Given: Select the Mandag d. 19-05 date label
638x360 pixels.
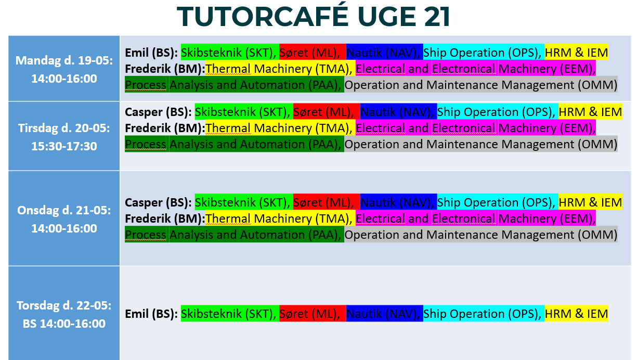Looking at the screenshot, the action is pyautogui.click(x=64, y=60).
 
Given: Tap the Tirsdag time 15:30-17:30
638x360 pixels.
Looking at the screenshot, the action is pyautogui.click(x=64, y=146).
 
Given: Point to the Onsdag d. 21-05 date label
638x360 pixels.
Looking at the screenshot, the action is pyautogui.click(x=64, y=210).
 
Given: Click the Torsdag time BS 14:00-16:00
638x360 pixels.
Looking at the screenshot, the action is pyautogui.click(x=64, y=324).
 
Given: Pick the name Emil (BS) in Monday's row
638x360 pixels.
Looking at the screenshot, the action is pyautogui.click(x=151, y=53).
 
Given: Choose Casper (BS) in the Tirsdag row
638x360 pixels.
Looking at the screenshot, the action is pyautogui.click(x=158, y=112).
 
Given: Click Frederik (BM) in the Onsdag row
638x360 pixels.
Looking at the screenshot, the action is pyautogui.click(x=165, y=219).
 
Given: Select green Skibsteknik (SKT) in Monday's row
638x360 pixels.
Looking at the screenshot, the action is pyautogui.click(x=230, y=53).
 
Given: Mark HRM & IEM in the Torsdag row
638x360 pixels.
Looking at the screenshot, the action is pyautogui.click(x=576, y=314).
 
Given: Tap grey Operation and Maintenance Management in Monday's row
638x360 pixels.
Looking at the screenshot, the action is pyautogui.click(x=481, y=85).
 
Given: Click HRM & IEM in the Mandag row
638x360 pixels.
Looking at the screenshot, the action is pyautogui.click(x=576, y=53).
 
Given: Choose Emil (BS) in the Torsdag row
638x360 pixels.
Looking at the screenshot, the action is pyautogui.click(x=151, y=314).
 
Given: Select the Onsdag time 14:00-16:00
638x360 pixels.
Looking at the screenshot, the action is pyautogui.click(x=64, y=228).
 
